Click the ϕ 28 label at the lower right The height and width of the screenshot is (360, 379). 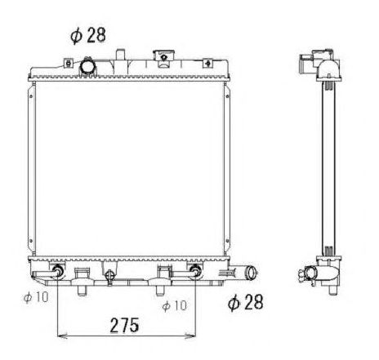point(246,304)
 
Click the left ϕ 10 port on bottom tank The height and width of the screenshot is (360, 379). point(59,272)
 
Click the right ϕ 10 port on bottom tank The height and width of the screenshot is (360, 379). point(195,272)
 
